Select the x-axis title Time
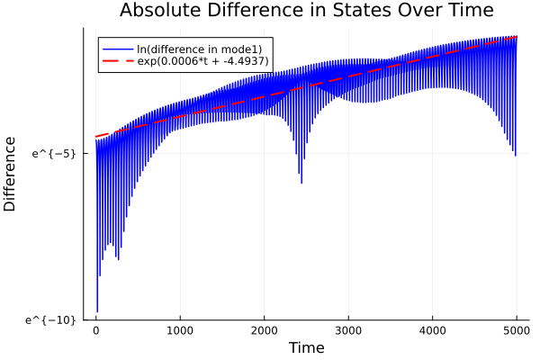point(306,347)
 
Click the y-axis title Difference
point(11,174)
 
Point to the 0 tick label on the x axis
point(96,329)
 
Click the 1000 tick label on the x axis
point(180,329)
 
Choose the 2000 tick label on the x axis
point(265,329)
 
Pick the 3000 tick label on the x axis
point(348,329)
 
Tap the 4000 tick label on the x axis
point(433,329)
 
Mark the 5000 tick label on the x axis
point(517,329)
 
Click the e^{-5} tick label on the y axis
point(54,153)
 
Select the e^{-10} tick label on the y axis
point(51,319)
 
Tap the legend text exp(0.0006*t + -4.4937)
point(204,60)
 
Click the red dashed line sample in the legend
point(117,60)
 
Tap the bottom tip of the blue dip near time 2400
point(301,183)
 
